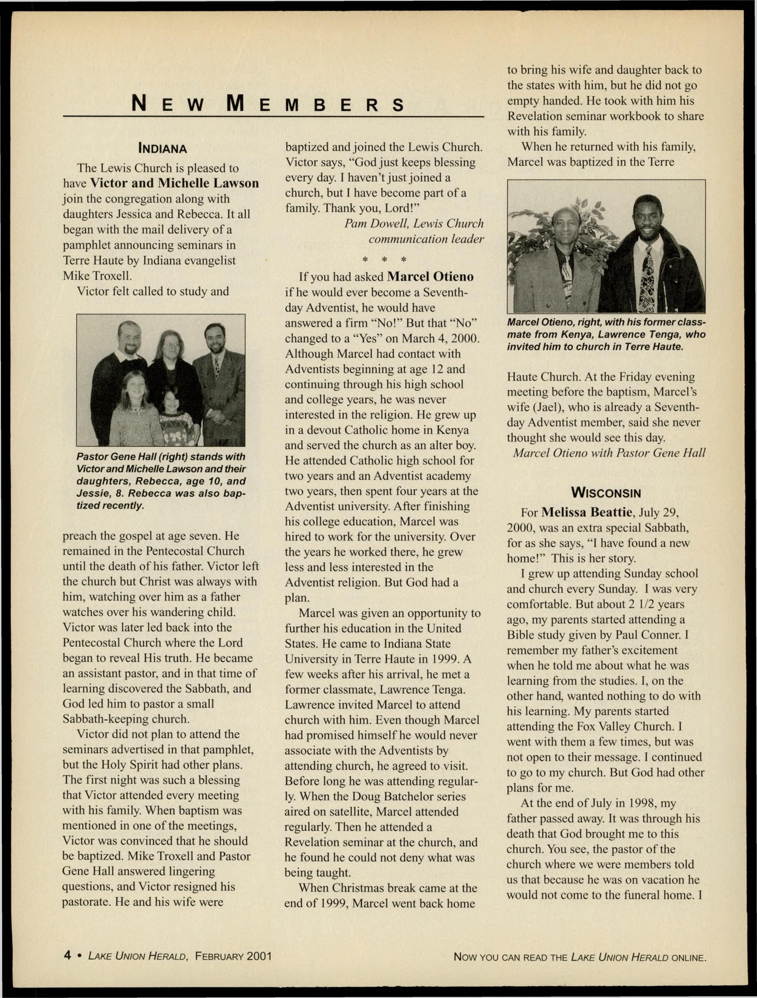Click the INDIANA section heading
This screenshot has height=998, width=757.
coord(162,148)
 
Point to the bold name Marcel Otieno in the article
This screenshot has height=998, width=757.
coord(430,277)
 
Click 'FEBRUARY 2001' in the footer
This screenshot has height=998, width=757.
coord(233,956)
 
